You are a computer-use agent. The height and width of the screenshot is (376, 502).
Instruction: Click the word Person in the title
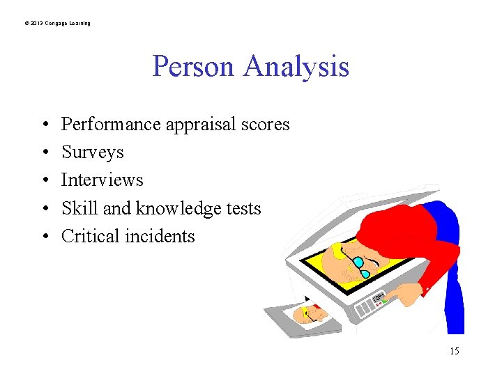(x=195, y=67)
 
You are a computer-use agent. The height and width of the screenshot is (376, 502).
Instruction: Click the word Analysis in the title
(x=296, y=67)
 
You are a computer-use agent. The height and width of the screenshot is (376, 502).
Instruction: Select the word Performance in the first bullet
(x=111, y=125)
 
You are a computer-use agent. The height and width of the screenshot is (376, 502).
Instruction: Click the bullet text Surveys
(x=93, y=152)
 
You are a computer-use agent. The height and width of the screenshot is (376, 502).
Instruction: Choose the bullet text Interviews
(x=102, y=180)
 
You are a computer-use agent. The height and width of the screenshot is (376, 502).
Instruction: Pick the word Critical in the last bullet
(x=89, y=236)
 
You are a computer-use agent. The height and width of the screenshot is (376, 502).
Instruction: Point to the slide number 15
(x=454, y=351)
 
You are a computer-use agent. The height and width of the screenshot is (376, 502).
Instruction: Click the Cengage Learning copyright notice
(x=57, y=24)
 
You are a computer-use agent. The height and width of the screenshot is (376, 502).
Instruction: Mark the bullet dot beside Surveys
(x=44, y=152)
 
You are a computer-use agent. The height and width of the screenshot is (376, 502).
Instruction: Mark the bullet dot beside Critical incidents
(x=44, y=237)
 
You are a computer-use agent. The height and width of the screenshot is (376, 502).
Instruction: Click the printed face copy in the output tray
(x=312, y=315)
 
